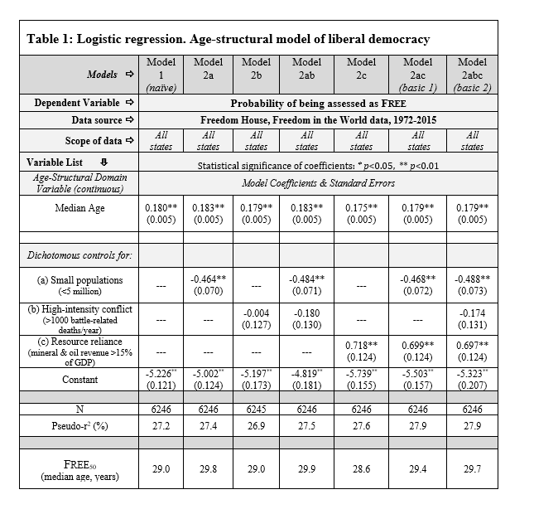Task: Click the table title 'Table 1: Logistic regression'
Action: coord(228,39)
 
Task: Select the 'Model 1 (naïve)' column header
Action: coord(161,74)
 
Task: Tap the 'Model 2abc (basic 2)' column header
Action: coord(472,74)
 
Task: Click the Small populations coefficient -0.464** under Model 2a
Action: coord(209,279)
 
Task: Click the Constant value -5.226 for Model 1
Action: coord(161,374)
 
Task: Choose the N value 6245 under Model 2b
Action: coord(256,410)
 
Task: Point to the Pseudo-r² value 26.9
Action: coord(256,428)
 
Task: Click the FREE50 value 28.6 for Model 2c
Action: coord(361,469)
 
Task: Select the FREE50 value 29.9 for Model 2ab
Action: coord(306,469)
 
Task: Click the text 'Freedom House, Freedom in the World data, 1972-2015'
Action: coord(318,120)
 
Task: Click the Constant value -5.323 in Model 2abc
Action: coord(472,374)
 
